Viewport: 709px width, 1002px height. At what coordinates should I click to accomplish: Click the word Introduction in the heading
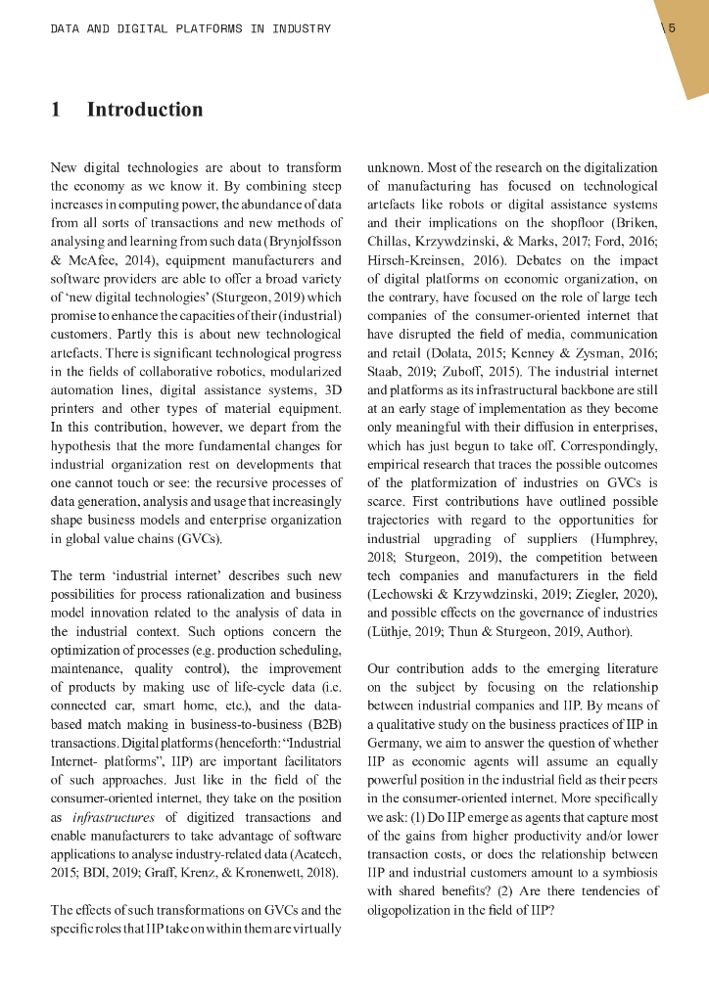click(x=145, y=110)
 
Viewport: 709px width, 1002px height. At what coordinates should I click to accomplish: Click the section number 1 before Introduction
click(x=56, y=110)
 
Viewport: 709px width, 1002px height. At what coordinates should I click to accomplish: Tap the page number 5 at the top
click(x=672, y=28)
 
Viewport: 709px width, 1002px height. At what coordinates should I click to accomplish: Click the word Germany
click(x=397, y=745)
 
